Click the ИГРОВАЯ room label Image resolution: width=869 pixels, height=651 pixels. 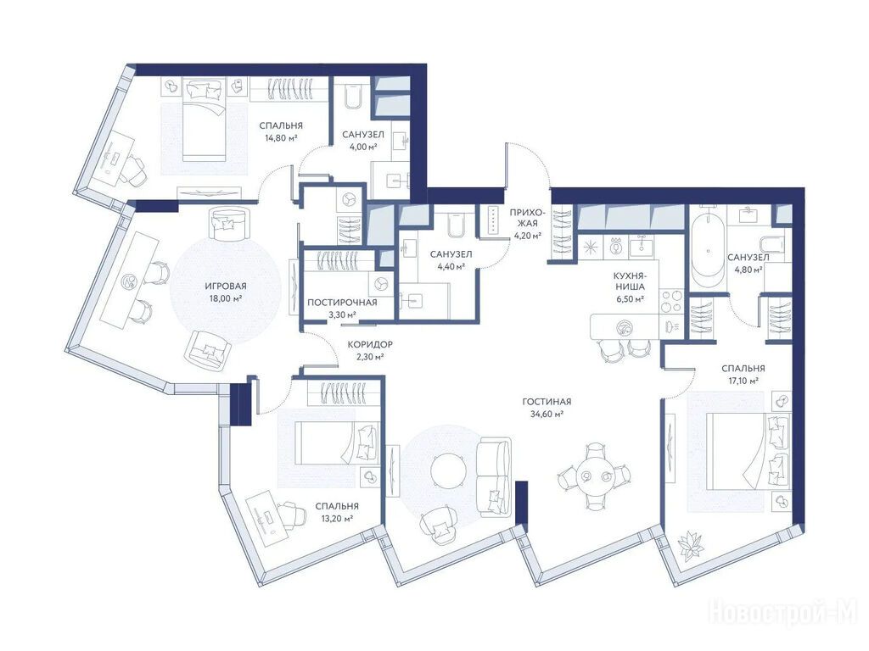pos(226,287)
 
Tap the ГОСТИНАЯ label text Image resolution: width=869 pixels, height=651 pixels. pos(547,402)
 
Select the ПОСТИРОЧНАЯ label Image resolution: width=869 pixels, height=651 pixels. pos(342,303)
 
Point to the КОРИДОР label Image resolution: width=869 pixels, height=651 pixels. pos(370,344)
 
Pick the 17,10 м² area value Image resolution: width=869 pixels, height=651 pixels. pos(743,381)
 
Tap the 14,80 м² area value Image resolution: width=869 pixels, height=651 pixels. pos(281,138)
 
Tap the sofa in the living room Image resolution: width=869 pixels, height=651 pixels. pos(494,476)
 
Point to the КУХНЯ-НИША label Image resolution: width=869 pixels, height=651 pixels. pos(629,281)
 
